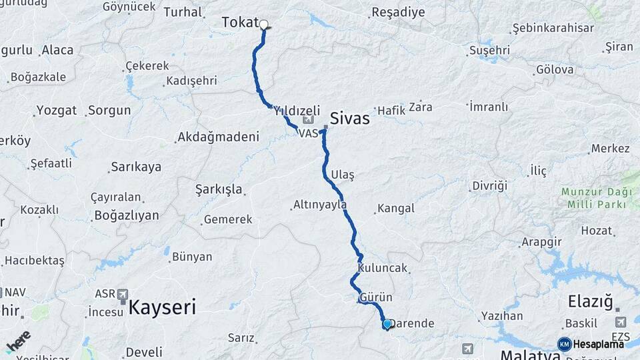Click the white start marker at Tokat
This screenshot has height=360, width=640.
[263, 25]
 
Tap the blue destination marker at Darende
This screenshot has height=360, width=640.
[387, 324]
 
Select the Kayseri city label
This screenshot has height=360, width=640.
[162, 307]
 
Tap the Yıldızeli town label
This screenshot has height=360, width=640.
[297, 111]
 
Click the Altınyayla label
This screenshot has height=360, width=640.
[319, 205]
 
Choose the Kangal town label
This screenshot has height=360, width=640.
[396, 209]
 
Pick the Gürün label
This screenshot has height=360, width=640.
[376, 297]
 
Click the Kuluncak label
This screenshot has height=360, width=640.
[382, 268]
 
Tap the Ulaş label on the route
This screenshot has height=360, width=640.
[343, 173]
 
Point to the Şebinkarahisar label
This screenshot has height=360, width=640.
[553, 29]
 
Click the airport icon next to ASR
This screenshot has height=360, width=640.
[123, 294]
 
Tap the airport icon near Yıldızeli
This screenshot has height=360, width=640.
[307, 121]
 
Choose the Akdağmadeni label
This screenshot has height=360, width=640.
[217, 137]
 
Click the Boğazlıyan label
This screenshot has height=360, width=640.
[127, 215]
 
